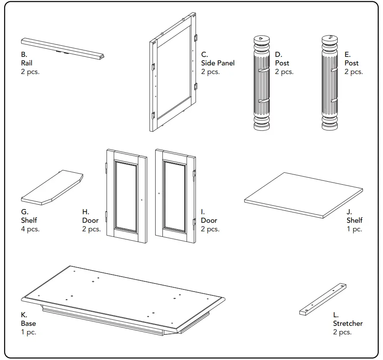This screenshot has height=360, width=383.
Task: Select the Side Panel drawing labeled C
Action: [173, 73]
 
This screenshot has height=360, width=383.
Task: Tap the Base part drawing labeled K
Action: [123, 299]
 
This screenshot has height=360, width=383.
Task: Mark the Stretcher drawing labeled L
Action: [323, 299]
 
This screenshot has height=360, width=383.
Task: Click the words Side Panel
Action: [218, 63]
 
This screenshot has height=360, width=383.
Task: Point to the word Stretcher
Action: [348, 324]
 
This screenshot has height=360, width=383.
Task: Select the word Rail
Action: [27, 63]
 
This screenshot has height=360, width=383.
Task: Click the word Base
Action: [28, 324]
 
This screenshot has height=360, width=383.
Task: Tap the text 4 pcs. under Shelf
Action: [30, 229]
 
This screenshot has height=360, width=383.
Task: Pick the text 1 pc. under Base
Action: [28, 332]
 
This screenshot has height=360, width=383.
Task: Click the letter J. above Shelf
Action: [349, 212]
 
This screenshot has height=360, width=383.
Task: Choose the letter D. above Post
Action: [279, 54]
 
